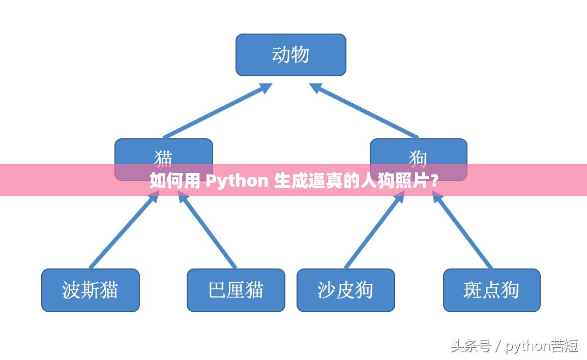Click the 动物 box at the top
[290, 55]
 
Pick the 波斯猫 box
[90, 290]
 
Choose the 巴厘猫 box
[236, 290]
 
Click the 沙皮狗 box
[345, 290]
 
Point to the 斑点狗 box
[491, 290]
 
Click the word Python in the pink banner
[237, 181]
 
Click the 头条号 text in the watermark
[471, 346]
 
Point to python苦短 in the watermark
[542, 346]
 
